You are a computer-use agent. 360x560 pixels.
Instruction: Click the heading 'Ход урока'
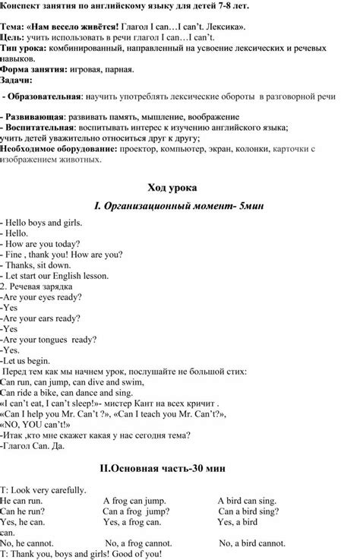[180, 186]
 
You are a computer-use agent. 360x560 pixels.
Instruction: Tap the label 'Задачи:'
[17, 79]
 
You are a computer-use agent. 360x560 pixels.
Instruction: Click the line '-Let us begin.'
[26, 360]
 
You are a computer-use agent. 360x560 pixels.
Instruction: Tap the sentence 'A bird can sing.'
[248, 500]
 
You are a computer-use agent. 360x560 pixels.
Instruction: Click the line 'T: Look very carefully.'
[44, 489]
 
